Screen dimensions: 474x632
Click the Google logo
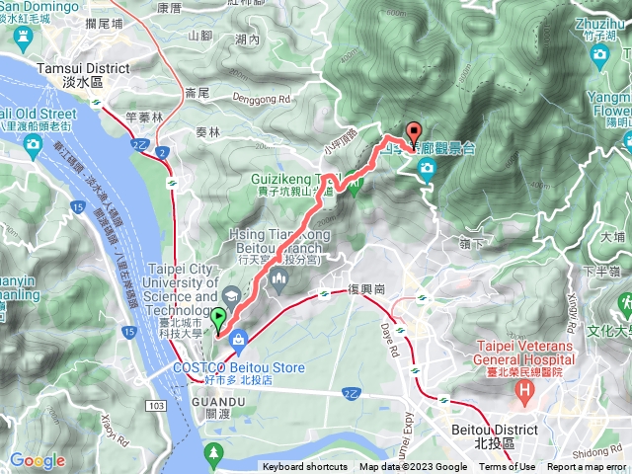38,460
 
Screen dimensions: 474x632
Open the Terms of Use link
507,467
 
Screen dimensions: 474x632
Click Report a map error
587,467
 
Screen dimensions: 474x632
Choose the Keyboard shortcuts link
305,467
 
